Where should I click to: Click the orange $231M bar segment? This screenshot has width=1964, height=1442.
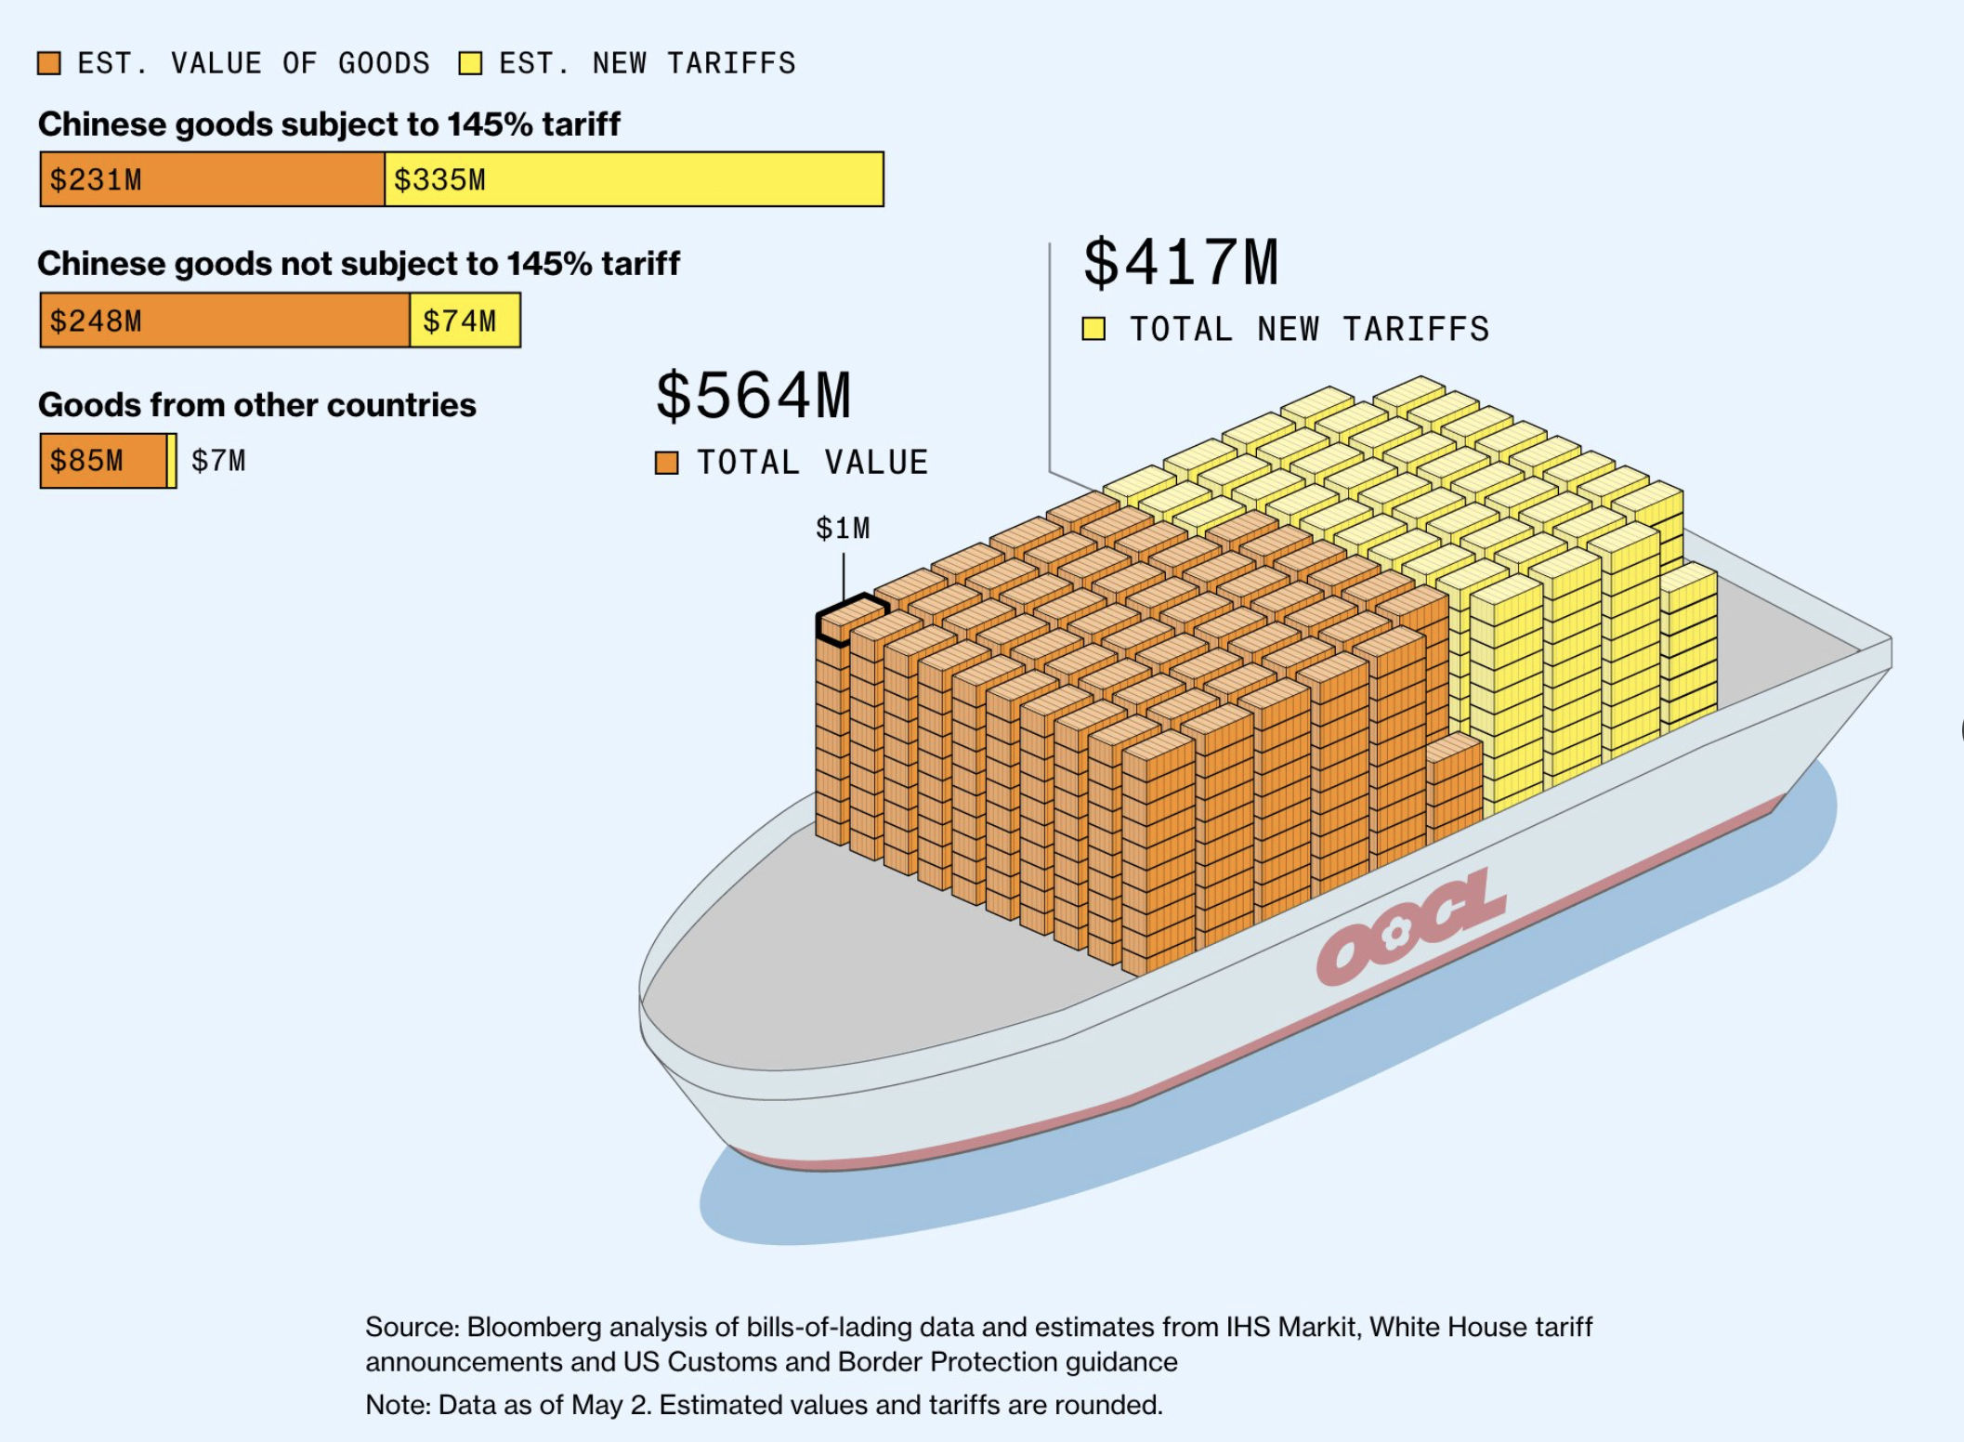(212, 179)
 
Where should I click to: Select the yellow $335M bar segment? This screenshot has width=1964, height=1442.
(634, 179)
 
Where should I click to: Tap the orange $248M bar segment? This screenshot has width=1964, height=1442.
(224, 321)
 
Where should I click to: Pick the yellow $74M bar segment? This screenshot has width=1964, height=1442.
(465, 321)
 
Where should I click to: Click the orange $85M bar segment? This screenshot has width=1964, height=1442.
(103, 461)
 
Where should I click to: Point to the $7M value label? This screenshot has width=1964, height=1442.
(218, 461)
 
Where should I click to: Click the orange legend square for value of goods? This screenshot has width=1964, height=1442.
(49, 63)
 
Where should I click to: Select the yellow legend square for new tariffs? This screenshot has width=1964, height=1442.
(470, 63)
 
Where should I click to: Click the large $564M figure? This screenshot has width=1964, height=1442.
(753, 396)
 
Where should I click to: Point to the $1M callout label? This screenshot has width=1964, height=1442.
(843, 529)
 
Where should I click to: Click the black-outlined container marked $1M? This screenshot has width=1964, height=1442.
(850, 618)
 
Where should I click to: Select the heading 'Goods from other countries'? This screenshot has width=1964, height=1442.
(256, 405)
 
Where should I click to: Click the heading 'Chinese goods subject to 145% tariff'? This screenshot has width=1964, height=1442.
(329, 124)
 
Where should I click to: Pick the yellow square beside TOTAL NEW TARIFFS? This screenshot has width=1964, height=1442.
(1093, 329)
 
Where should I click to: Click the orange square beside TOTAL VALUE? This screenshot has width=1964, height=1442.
(666, 463)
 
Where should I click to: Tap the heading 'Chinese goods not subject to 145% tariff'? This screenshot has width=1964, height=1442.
(359, 264)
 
